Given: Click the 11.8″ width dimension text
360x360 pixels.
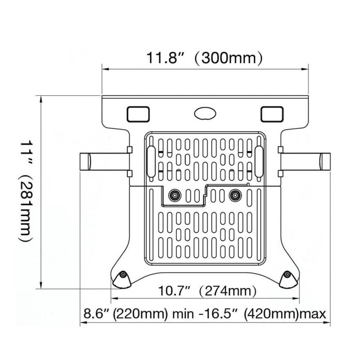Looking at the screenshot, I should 163,58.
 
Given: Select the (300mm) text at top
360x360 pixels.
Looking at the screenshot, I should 231,58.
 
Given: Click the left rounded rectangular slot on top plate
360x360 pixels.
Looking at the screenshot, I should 138,113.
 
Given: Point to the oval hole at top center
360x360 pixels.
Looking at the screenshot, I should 204,112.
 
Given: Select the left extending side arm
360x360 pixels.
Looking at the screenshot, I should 103,160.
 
